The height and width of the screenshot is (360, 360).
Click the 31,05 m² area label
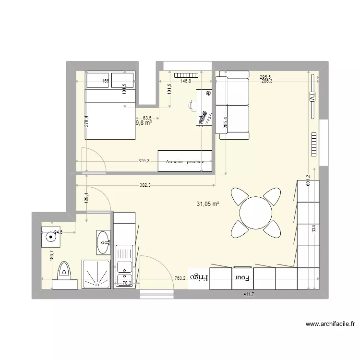[207, 204]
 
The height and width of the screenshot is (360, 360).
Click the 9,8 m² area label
[144, 123]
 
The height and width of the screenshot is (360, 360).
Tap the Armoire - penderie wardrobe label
[185, 162]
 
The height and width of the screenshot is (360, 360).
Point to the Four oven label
[240, 277]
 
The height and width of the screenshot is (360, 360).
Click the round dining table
[256, 213]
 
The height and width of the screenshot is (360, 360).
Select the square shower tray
[96, 274]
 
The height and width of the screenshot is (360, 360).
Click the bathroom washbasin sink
[103, 242]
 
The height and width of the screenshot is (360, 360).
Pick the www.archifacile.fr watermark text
[330, 324]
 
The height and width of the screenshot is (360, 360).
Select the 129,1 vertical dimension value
[86, 198]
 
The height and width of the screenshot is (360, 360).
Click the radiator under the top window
[186, 75]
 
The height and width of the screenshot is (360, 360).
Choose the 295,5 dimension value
[266, 77]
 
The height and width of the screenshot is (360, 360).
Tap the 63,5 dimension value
[147, 118]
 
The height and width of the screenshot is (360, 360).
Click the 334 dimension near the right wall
[313, 229]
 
